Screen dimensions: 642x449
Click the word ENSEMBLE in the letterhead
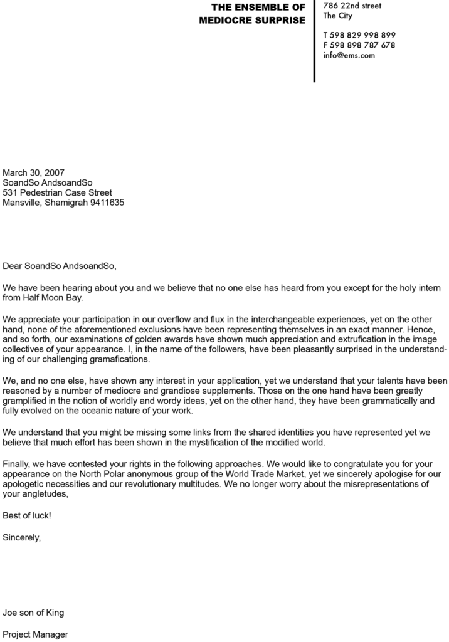click(262, 8)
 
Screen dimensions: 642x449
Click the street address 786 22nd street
click(352, 6)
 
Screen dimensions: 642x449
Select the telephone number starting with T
click(359, 35)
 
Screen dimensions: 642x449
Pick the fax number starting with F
click(359, 45)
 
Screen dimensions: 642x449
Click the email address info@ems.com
click(349, 55)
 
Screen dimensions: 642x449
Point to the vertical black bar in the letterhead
click(314, 41)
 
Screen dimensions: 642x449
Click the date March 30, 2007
click(34, 172)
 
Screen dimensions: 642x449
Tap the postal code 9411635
click(107, 203)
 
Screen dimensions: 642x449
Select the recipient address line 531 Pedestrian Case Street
click(58, 192)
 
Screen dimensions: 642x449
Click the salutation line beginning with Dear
click(60, 265)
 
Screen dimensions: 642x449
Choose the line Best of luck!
click(27, 515)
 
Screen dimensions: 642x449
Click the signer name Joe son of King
click(33, 613)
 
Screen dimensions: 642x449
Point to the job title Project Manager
click(35, 634)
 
